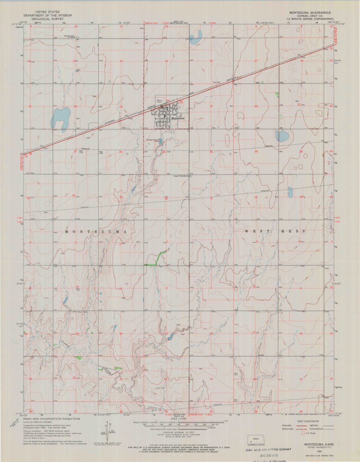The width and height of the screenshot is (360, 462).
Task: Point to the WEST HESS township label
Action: click(275, 231)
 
